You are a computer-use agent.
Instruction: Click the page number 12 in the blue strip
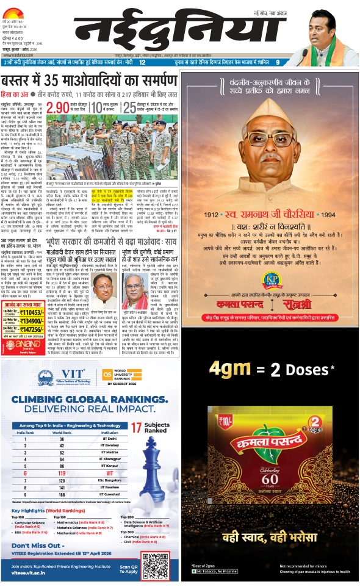tap(142, 62)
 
